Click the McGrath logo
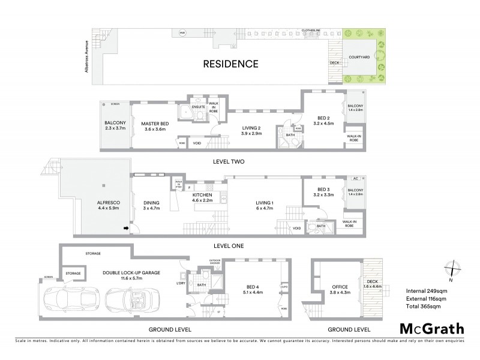[x=431, y=329]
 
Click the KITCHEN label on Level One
[x=202, y=196]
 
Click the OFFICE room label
[x=341, y=286]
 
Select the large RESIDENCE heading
[x=230, y=64]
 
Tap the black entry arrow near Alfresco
[x=126, y=228]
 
